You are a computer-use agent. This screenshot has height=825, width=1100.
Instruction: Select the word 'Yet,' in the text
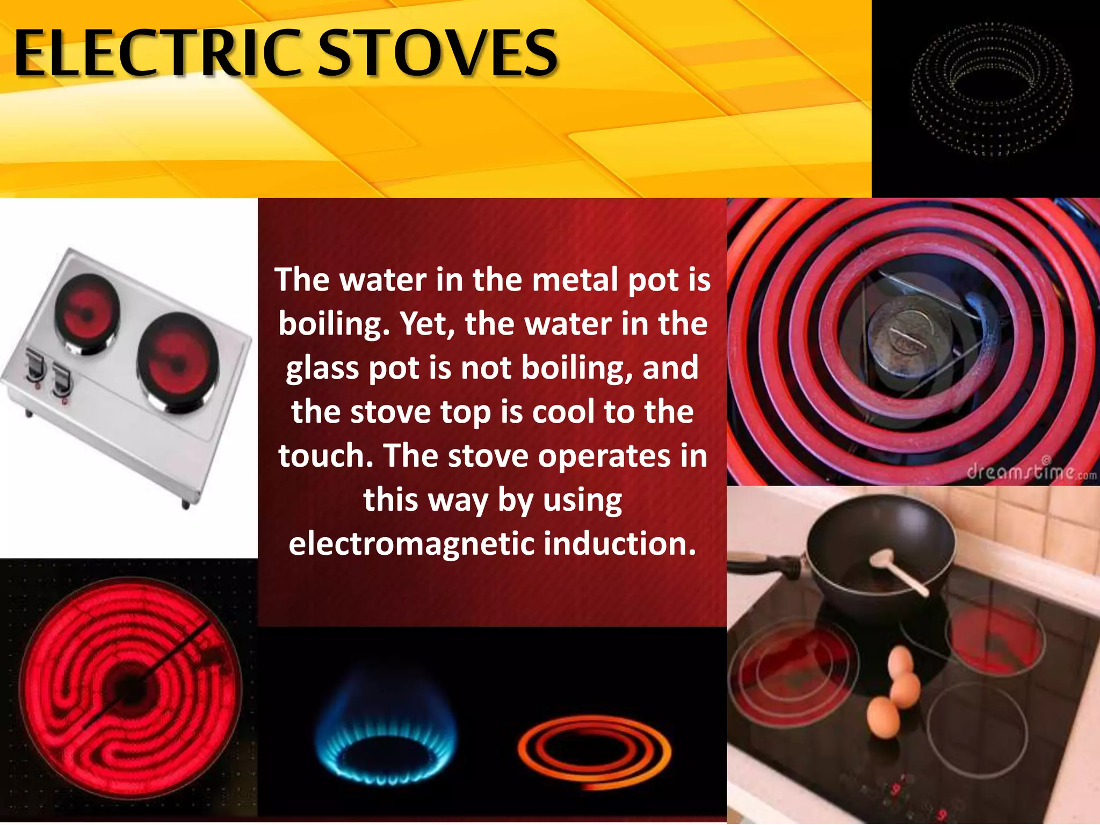coord(428,324)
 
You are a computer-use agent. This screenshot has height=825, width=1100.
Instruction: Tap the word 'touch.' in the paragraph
coord(325,456)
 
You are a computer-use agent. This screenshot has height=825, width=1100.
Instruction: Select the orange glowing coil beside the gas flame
coord(595,752)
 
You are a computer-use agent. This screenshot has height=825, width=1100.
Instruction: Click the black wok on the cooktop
coord(881,548)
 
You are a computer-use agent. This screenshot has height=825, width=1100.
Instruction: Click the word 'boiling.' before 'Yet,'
coord(334,324)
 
